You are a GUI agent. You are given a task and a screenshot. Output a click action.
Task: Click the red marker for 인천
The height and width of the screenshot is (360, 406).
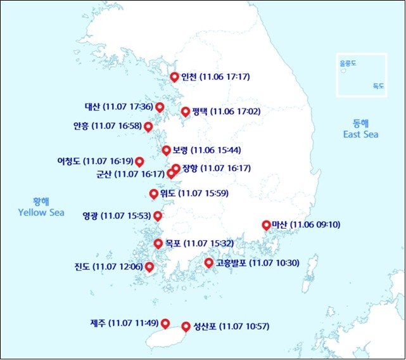(x=175, y=77)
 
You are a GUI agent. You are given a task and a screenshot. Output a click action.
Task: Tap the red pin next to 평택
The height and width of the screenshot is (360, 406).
(x=186, y=112)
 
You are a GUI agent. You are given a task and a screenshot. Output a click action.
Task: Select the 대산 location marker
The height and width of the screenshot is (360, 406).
(x=160, y=106)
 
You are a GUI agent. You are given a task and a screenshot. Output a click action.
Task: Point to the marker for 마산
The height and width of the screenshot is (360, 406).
(x=266, y=224)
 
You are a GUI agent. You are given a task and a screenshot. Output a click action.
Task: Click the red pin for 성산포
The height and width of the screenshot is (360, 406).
(x=186, y=326)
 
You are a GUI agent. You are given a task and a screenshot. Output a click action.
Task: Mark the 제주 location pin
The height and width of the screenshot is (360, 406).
(x=166, y=323)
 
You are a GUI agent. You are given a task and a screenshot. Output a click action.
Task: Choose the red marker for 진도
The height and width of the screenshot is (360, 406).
(x=149, y=267)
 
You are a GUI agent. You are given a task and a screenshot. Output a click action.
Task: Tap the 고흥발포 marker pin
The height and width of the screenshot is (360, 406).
(x=208, y=262)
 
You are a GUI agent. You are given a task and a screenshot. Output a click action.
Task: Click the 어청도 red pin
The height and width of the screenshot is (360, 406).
(x=139, y=161)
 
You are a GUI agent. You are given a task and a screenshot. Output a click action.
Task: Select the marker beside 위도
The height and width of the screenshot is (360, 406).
(x=153, y=193)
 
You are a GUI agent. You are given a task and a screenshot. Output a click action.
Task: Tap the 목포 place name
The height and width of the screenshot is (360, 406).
(x=173, y=243)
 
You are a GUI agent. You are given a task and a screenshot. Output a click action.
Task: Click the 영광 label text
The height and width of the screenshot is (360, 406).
(x=91, y=216)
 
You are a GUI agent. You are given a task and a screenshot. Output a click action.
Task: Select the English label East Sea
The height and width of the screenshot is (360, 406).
(x=360, y=134)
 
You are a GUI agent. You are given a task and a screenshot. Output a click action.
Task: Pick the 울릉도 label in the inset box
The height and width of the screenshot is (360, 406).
(x=348, y=63)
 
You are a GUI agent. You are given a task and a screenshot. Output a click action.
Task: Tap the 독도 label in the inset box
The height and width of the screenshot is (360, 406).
(x=378, y=86)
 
